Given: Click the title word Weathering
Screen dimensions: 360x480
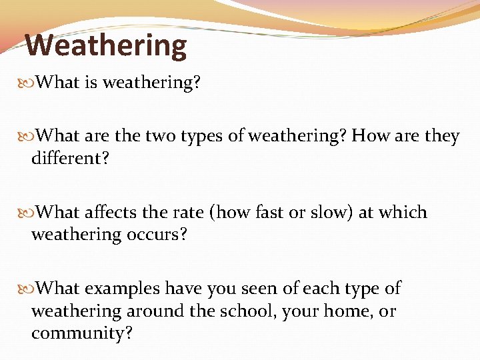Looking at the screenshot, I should point(106,45).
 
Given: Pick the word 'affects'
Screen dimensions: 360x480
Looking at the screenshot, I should point(111,213).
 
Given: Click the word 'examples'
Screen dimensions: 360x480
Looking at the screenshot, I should point(122,289).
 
